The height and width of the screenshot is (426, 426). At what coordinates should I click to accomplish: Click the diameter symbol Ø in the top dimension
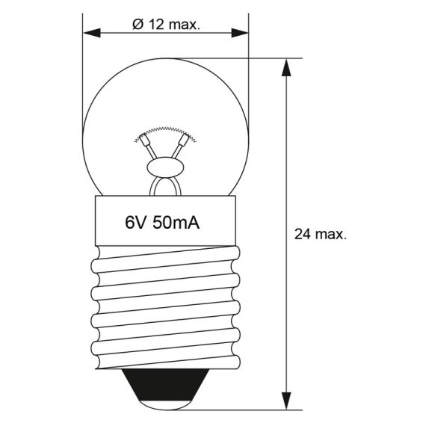pos(138,25)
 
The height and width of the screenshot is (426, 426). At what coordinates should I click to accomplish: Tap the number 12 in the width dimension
pos(157,25)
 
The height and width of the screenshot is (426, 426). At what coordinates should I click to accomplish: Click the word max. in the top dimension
pos(184,25)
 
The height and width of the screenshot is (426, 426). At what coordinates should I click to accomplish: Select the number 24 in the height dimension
pos(303,234)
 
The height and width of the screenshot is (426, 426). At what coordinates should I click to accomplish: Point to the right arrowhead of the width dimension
pos(240,33)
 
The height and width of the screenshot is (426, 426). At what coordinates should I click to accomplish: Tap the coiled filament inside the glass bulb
pos(165,132)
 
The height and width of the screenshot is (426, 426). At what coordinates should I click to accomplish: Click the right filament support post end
pos(186,139)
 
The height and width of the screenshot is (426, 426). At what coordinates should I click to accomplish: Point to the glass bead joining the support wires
pos(165,166)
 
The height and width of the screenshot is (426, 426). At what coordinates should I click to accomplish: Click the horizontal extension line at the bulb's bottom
pos(247,410)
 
